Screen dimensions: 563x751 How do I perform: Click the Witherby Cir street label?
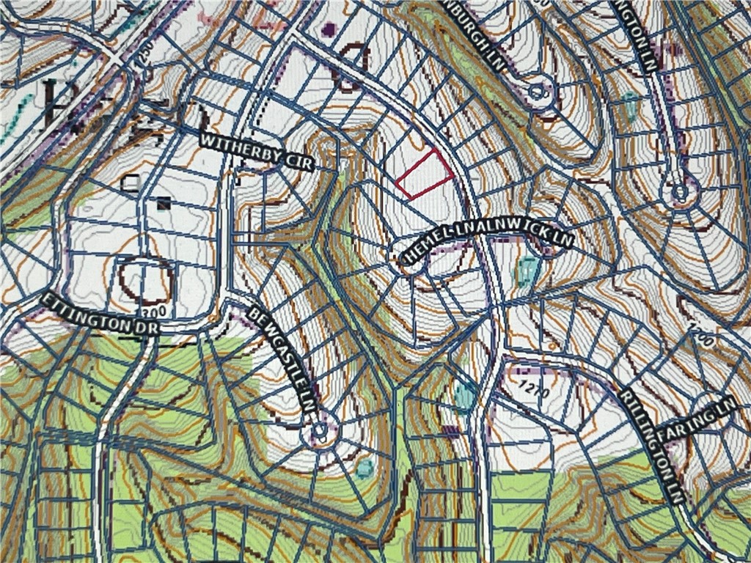(257, 151)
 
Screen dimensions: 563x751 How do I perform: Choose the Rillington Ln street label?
(652, 446)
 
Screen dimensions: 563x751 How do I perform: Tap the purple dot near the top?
(329, 29)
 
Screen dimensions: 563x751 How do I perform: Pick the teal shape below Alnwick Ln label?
(526, 271)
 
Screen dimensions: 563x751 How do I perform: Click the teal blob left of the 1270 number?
(464, 397)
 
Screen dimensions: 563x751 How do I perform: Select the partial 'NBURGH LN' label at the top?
(485, 33)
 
